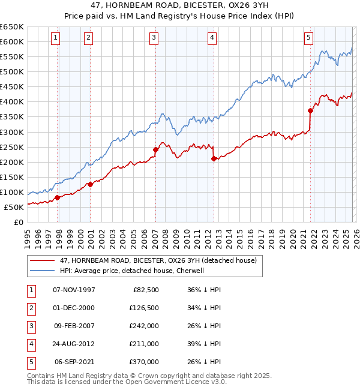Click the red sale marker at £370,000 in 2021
311,110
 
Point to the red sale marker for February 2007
155,149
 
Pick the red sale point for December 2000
90,184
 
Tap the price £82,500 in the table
146,290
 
